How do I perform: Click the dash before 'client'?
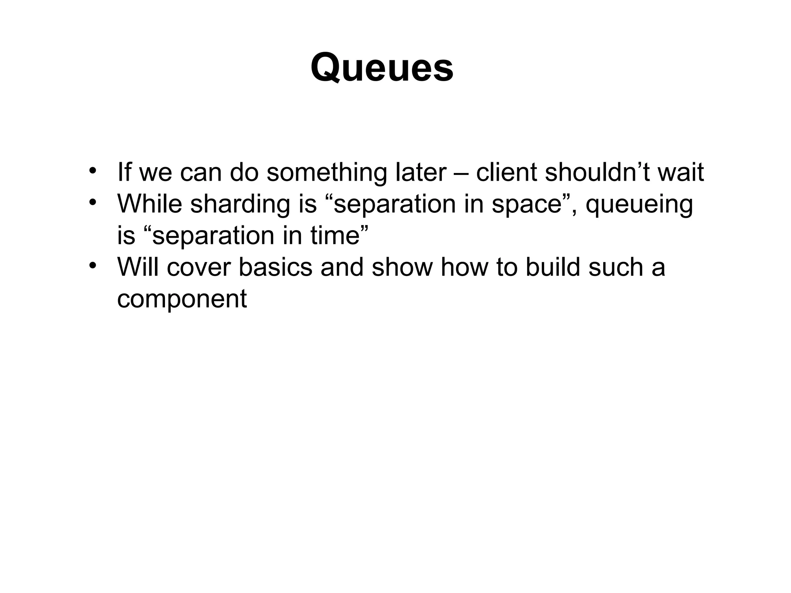(461, 174)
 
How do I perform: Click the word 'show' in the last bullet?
(402, 267)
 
